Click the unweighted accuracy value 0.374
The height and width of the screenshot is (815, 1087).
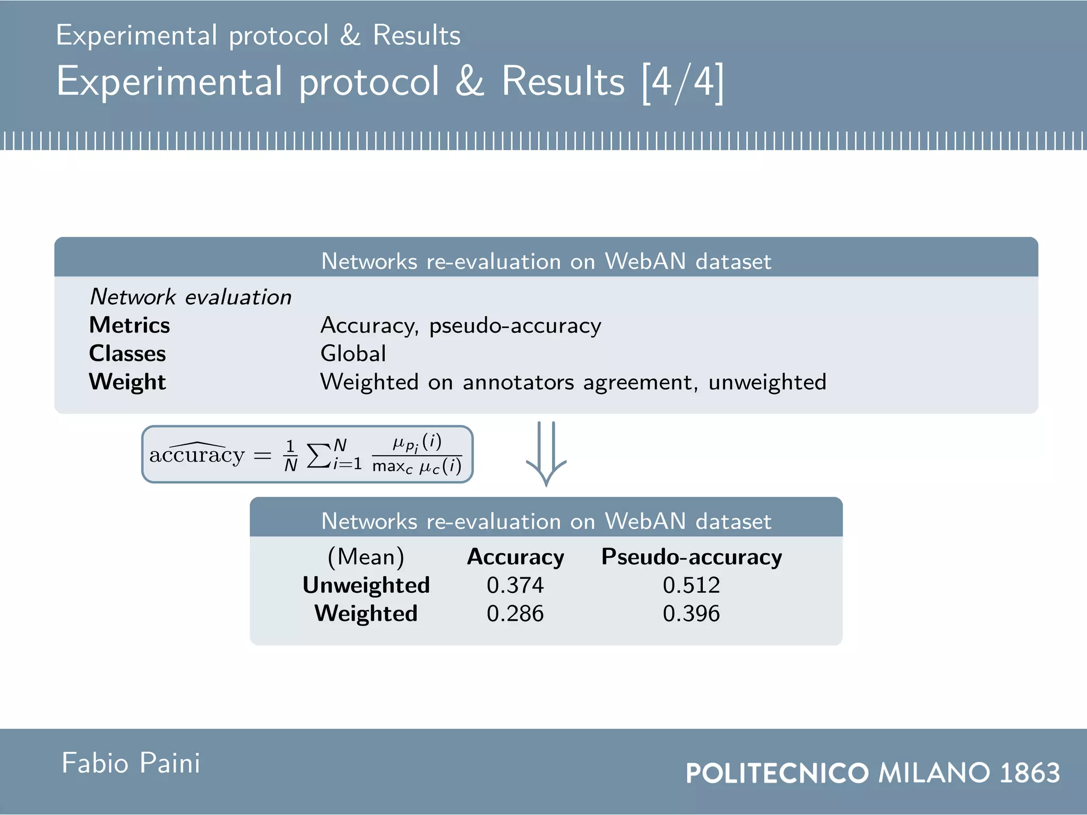pos(515,585)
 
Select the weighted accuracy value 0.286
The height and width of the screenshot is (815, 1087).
pos(515,614)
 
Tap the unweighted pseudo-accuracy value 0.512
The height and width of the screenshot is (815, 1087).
pos(691,585)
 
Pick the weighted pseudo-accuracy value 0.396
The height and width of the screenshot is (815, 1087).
pos(691,614)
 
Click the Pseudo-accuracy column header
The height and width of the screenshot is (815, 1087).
pos(691,557)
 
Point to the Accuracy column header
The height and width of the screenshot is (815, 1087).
pos(515,557)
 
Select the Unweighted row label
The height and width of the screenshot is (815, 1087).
pos(366,585)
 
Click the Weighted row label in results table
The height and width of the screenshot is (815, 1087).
pos(366,614)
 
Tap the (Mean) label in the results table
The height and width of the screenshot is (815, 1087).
pos(366,557)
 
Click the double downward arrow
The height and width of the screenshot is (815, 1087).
pos(546,454)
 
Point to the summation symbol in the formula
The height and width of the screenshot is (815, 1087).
pos(318,455)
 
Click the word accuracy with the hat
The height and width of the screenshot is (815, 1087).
pos(196,454)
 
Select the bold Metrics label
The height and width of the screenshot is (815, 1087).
pos(130,325)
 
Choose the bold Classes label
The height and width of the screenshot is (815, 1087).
pos(127,354)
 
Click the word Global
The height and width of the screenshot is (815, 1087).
pos(353,354)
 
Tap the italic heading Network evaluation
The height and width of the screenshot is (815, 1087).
pos(191,297)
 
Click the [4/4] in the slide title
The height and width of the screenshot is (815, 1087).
pos(683,82)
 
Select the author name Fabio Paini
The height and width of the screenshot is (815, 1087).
pos(131,764)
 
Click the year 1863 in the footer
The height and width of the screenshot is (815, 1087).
pos(1029,773)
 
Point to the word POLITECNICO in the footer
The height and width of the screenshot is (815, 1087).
pos(777,773)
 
